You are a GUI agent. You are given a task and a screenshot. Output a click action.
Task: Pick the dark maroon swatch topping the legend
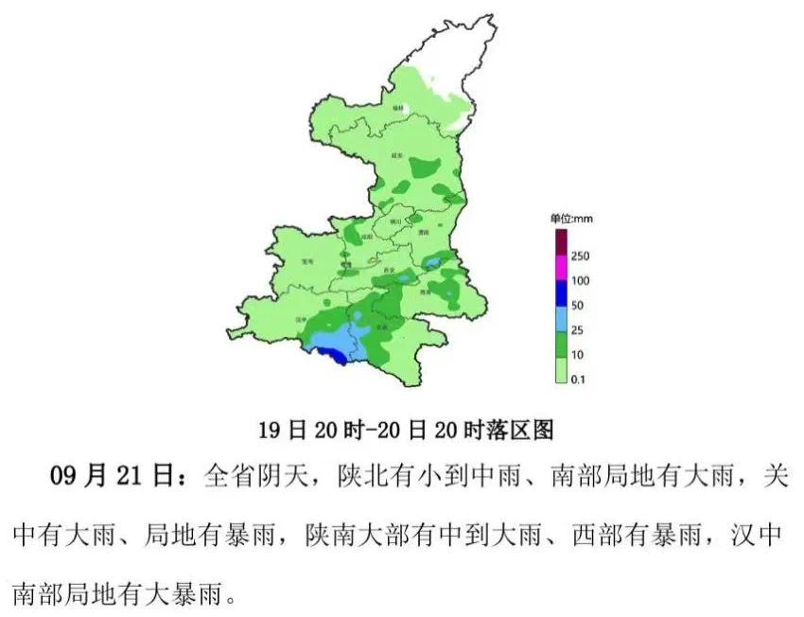coord(560,242)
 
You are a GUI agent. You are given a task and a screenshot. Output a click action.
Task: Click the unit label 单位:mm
coord(571,219)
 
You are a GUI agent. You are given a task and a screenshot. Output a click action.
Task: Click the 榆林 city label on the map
coord(398,108)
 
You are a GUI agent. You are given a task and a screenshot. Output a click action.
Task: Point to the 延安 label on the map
coord(396,154)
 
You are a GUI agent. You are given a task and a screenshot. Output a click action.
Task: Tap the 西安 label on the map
coord(388,271)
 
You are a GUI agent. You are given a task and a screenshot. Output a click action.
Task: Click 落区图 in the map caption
coord(520,430)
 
